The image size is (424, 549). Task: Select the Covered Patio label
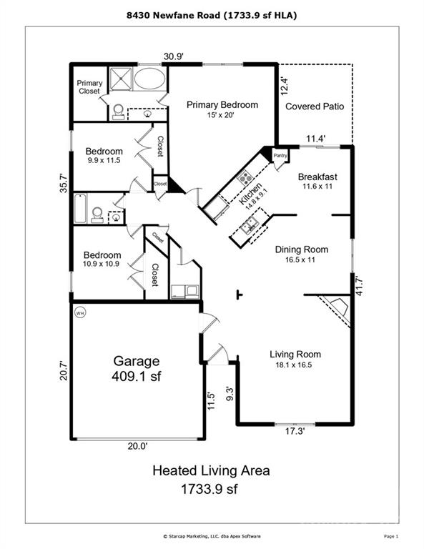pyautogui.click(x=315, y=107)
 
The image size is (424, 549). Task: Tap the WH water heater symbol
pyautogui.click(x=79, y=312)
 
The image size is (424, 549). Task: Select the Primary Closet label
pyautogui.click(x=89, y=87)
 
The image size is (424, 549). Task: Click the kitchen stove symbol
pyautogui.click(x=245, y=177)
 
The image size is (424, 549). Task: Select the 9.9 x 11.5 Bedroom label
pyautogui.click(x=104, y=156)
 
